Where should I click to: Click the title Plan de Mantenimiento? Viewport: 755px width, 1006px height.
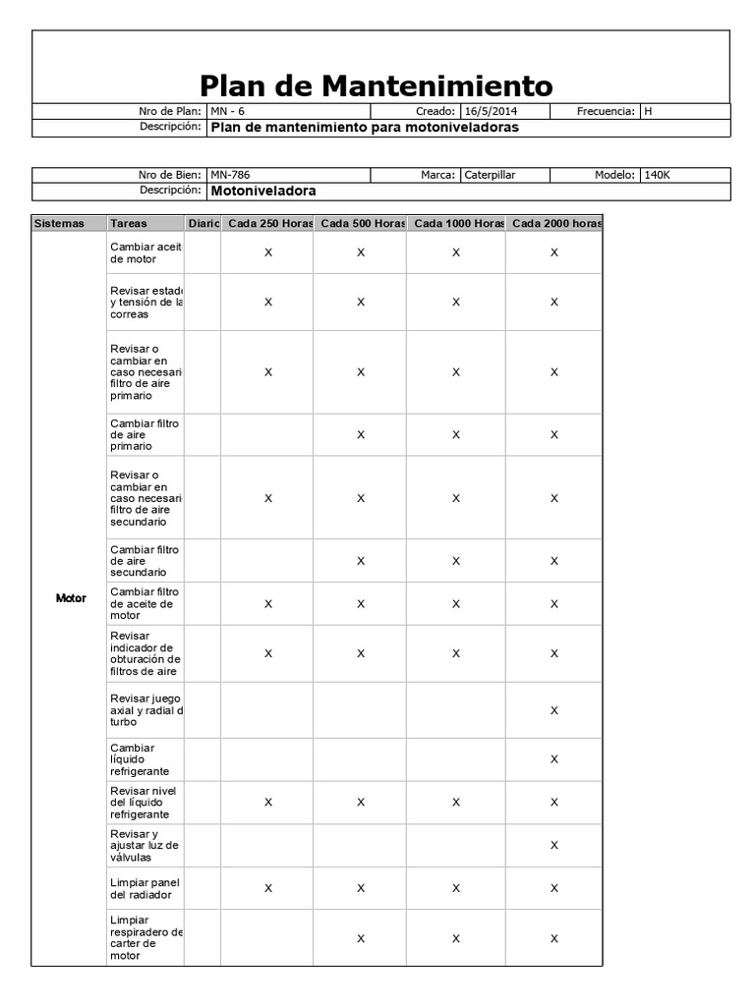(x=377, y=84)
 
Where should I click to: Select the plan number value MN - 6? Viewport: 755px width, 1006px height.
(x=227, y=112)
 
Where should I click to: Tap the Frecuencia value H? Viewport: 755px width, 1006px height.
(x=648, y=112)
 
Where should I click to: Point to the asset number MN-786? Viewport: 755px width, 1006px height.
(x=230, y=175)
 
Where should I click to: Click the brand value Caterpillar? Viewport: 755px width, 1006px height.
(x=490, y=175)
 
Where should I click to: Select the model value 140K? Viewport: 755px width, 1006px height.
(x=657, y=175)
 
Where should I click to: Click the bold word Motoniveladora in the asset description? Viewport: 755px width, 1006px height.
(x=264, y=191)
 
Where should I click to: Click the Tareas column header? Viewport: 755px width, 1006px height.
(x=129, y=224)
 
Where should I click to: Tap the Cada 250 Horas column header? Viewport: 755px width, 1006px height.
(x=268, y=224)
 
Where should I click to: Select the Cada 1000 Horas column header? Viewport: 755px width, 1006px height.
(x=457, y=224)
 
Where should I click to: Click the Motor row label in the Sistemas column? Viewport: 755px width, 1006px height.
(x=71, y=598)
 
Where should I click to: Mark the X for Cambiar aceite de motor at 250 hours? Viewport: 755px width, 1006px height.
(x=268, y=252)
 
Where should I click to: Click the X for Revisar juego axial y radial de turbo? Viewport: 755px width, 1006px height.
(x=554, y=710)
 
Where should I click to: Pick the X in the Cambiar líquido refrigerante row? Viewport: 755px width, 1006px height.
(x=554, y=759)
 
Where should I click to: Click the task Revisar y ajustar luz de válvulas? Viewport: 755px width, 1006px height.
(x=144, y=845)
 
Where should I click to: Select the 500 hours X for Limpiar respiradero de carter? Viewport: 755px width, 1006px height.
(x=361, y=938)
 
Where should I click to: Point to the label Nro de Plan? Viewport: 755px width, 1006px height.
(x=169, y=112)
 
